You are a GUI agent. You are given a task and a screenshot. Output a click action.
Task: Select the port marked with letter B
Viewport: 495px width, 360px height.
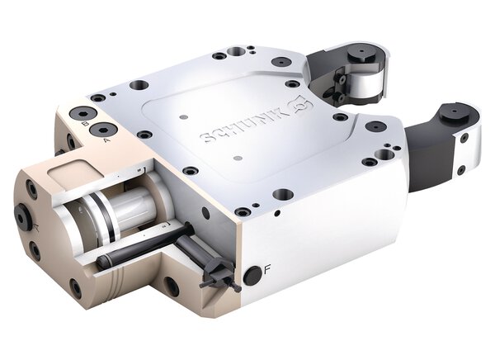pyautogui.click(x=81, y=113)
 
